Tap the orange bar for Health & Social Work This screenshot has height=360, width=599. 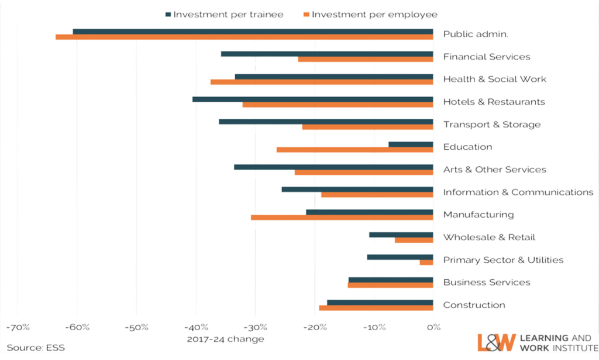[321, 82]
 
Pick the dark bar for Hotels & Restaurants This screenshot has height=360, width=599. [312, 99]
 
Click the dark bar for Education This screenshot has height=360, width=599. [410, 144]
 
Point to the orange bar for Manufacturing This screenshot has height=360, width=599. [342, 217]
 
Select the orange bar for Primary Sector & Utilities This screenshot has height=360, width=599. [426, 263]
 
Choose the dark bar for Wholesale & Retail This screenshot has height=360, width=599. [401, 234]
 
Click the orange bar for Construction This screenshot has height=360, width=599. [376, 308]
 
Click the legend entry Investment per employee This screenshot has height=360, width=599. [374, 14]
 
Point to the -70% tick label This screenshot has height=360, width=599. [18, 327]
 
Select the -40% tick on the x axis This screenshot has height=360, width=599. [196, 327]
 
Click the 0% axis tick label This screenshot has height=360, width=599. [433, 327]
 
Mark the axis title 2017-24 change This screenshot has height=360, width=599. [225, 339]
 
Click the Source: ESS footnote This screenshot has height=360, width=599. [36, 348]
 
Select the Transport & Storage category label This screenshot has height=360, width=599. [491, 125]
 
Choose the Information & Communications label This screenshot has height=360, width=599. [518, 192]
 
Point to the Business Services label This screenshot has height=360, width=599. [487, 282]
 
